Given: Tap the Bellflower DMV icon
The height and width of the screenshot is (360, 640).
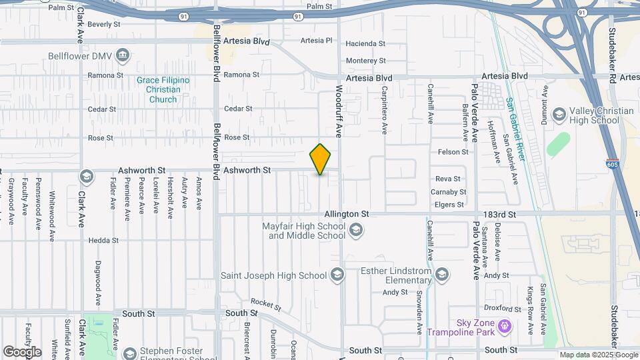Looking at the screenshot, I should point(123,55).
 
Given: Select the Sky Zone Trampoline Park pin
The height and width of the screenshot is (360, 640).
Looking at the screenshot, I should point(505,326).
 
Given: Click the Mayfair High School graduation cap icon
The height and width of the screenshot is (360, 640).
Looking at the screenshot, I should point(356,231).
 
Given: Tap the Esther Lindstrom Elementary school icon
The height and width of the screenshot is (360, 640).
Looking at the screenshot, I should point(441,275).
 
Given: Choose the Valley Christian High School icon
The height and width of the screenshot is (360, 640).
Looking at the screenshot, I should point(559,115).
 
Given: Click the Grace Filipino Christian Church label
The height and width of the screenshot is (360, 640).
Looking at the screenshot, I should point(163,90).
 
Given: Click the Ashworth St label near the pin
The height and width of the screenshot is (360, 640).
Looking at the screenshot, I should point(247,170).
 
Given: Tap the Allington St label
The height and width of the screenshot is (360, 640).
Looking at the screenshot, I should point(347,214).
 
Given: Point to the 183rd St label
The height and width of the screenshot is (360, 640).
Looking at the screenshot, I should point(501,214).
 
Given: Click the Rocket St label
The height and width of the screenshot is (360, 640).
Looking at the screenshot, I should point(266,304).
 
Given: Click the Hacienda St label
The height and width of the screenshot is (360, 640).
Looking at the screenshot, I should point(365,43).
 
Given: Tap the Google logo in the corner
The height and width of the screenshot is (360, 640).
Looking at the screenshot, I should point(22,351).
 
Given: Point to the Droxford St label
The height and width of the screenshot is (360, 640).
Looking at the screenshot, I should point(503,309).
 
